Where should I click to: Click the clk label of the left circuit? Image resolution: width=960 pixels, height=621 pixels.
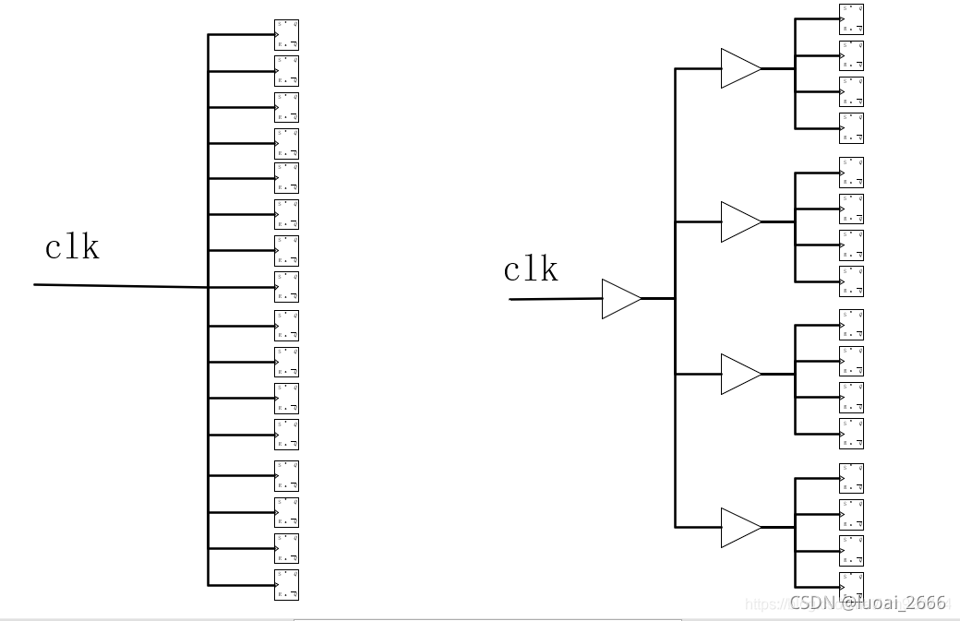[72, 247]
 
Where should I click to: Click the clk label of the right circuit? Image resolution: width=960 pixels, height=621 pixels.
[531, 269]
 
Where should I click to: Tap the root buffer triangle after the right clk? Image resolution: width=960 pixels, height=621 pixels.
[620, 299]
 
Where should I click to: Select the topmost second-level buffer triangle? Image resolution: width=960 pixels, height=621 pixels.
[739, 68]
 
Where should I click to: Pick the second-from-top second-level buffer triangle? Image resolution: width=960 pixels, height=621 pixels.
[739, 221]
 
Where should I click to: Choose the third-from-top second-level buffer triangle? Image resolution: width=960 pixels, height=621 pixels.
[739, 374]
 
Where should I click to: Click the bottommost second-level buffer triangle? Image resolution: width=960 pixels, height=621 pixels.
[739, 527]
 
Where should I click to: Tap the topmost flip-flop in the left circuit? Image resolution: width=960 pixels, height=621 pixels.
[287, 34]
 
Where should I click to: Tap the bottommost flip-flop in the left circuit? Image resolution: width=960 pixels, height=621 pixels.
[287, 584]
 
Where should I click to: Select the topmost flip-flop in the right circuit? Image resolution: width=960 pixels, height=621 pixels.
[852, 18]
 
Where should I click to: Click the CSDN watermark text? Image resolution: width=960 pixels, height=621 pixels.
[868, 603]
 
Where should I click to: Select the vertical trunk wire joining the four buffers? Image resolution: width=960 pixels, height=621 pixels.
[676, 443]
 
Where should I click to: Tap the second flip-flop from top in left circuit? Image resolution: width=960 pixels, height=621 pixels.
[287, 70]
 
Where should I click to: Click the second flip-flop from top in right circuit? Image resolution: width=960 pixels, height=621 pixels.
[852, 55]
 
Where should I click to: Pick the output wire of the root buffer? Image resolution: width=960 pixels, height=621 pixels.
[658, 298]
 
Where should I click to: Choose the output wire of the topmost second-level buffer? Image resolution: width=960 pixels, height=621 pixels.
[778, 68]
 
